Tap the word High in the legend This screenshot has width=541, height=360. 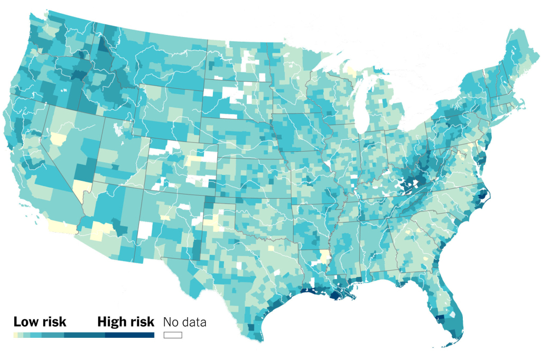tap(111, 322)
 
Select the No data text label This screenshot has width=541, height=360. tap(184, 322)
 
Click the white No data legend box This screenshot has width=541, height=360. tap(173, 335)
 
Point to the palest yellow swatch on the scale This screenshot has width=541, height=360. tap(15, 335)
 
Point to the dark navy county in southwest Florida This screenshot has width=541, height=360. tap(440, 319)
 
